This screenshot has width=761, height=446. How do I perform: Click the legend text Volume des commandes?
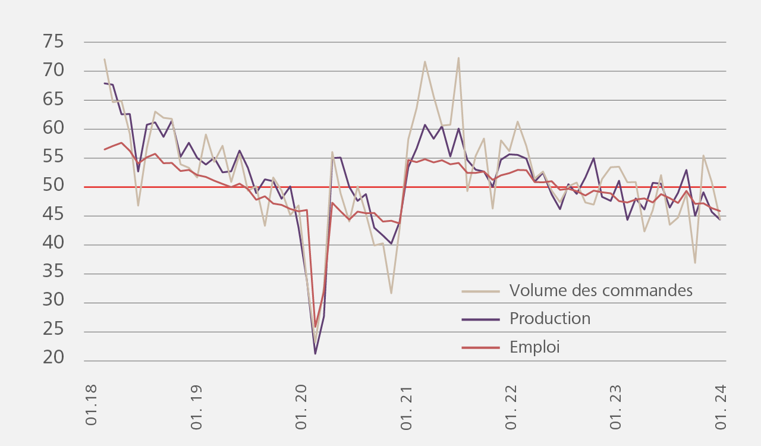click(601, 291)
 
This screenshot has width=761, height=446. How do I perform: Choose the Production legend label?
click(550, 319)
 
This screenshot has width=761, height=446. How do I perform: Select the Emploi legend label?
click(534, 347)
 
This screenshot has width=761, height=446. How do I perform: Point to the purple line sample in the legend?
click(480, 319)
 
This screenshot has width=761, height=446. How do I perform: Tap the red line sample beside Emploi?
click(480, 348)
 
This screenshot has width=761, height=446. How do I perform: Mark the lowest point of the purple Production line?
click(315, 354)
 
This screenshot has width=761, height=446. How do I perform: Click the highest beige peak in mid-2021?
click(458, 58)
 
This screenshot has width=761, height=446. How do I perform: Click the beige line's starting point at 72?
click(105, 59)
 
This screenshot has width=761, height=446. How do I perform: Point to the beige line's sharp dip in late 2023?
click(695, 263)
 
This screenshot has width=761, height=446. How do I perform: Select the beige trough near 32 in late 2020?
click(391, 293)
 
